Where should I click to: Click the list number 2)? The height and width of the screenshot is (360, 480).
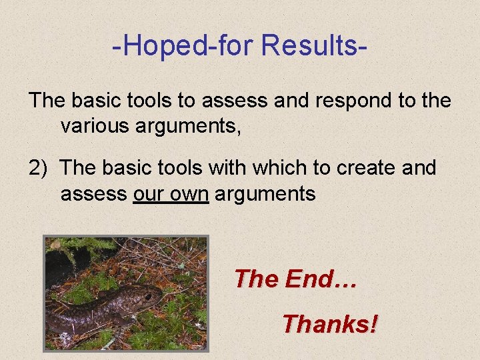pyautogui.click(x=38, y=167)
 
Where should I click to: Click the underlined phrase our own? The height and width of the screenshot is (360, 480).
pyautogui.click(x=171, y=193)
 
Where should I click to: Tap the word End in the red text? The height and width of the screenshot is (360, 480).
pyautogui.click(x=310, y=278)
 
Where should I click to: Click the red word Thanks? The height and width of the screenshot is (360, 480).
pyautogui.click(x=329, y=324)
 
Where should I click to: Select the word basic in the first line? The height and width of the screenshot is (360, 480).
pyautogui.click(x=99, y=101)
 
